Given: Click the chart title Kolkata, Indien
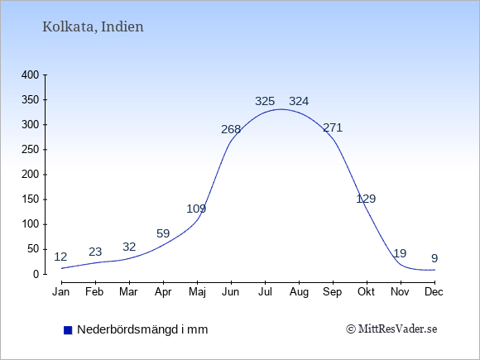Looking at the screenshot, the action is tap(93, 27).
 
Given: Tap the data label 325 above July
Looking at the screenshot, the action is tap(265, 101).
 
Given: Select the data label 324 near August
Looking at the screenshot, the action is tap(299, 101).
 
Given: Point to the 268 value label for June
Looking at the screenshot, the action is tap(231, 129).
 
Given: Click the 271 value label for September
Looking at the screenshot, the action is tap(333, 127).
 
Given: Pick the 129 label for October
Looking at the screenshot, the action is tap(366, 199).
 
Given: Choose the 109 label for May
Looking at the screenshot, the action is tap(196, 209).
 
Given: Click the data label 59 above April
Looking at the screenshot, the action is tap(163, 233).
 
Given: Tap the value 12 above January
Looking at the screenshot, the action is tap(60, 257).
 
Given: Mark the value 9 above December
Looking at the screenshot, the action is tap(434, 258).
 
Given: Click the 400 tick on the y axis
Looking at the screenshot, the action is tap(31, 74).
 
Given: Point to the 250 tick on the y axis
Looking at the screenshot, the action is tap(31, 150).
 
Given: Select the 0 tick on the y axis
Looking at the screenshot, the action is tap(36, 274).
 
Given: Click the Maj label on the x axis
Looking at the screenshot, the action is tap(197, 292).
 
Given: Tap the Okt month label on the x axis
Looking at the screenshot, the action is tap(366, 292).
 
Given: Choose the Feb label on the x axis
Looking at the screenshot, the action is tap(94, 292).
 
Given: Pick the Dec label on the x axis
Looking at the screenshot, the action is tap(434, 292).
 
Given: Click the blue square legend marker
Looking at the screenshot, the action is tap(68, 330).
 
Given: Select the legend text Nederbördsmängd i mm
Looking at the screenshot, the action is tap(142, 329).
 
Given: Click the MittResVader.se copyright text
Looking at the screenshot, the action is tap(391, 329).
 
